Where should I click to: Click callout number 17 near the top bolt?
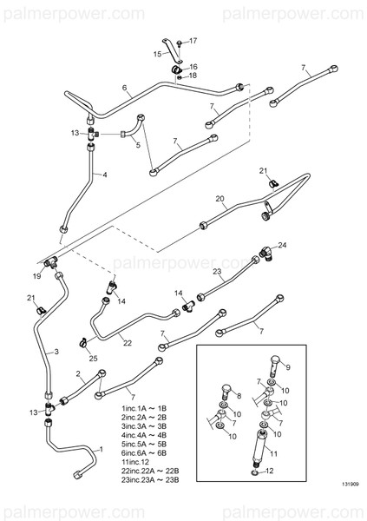[x=193, y=41]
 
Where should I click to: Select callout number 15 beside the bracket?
[x=158, y=54]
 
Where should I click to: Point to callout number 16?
[x=193, y=66]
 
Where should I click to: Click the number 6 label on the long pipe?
[x=125, y=88]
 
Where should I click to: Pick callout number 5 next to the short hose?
[x=136, y=145]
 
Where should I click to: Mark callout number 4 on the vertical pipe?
[x=105, y=175]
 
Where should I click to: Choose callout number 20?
[x=220, y=199]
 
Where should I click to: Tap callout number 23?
[x=219, y=272]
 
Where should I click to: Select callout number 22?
[x=127, y=342]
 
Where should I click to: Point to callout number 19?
[x=36, y=275]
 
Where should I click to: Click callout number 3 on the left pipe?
[x=56, y=352]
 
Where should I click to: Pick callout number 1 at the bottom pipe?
[x=100, y=449]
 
